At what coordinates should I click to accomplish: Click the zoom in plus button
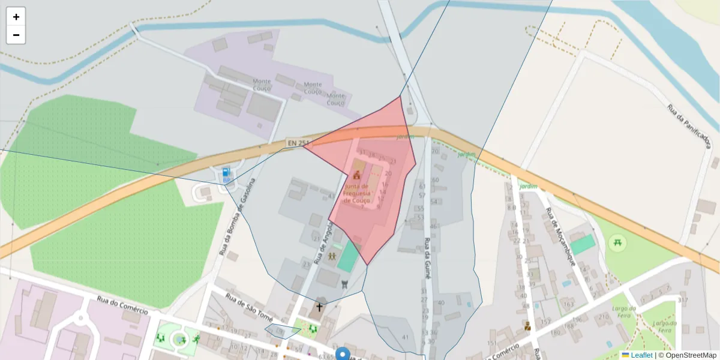pyautogui.click(x=16, y=17)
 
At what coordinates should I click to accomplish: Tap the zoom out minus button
pyautogui.click(x=16, y=35)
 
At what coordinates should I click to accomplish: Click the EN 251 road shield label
pyautogui.click(x=298, y=143)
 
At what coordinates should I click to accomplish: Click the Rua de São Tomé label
pyautogui.click(x=249, y=307)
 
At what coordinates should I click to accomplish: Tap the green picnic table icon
pyautogui.click(x=616, y=242)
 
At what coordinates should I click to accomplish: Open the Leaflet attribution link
pyautogui.click(x=641, y=355)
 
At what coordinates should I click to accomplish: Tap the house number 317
pyautogui.click(x=682, y=300)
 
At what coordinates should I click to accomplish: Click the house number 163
pyautogui.click(x=568, y=305)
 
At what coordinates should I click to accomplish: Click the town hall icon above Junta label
pyautogui.click(x=357, y=176)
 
